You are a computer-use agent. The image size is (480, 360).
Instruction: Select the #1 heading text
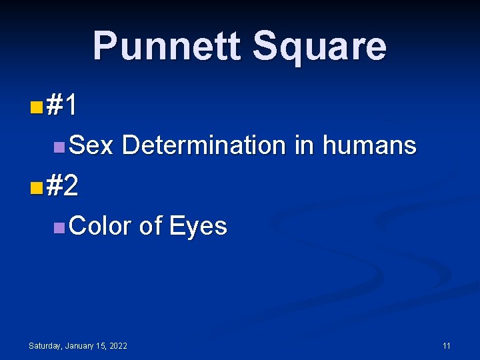(63, 105)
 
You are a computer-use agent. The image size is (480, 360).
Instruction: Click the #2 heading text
(63, 187)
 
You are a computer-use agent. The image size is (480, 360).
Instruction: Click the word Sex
(91, 145)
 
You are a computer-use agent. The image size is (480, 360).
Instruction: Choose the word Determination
(204, 145)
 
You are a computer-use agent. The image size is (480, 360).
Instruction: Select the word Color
(100, 226)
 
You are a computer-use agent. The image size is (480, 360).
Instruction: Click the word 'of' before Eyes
(151, 226)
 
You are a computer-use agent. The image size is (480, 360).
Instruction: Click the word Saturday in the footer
(45, 346)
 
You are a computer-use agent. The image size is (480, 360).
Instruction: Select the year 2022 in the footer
(117, 346)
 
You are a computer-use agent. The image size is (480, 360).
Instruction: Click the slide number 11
(447, 346)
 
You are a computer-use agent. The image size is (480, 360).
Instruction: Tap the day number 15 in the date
(100, 346)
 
